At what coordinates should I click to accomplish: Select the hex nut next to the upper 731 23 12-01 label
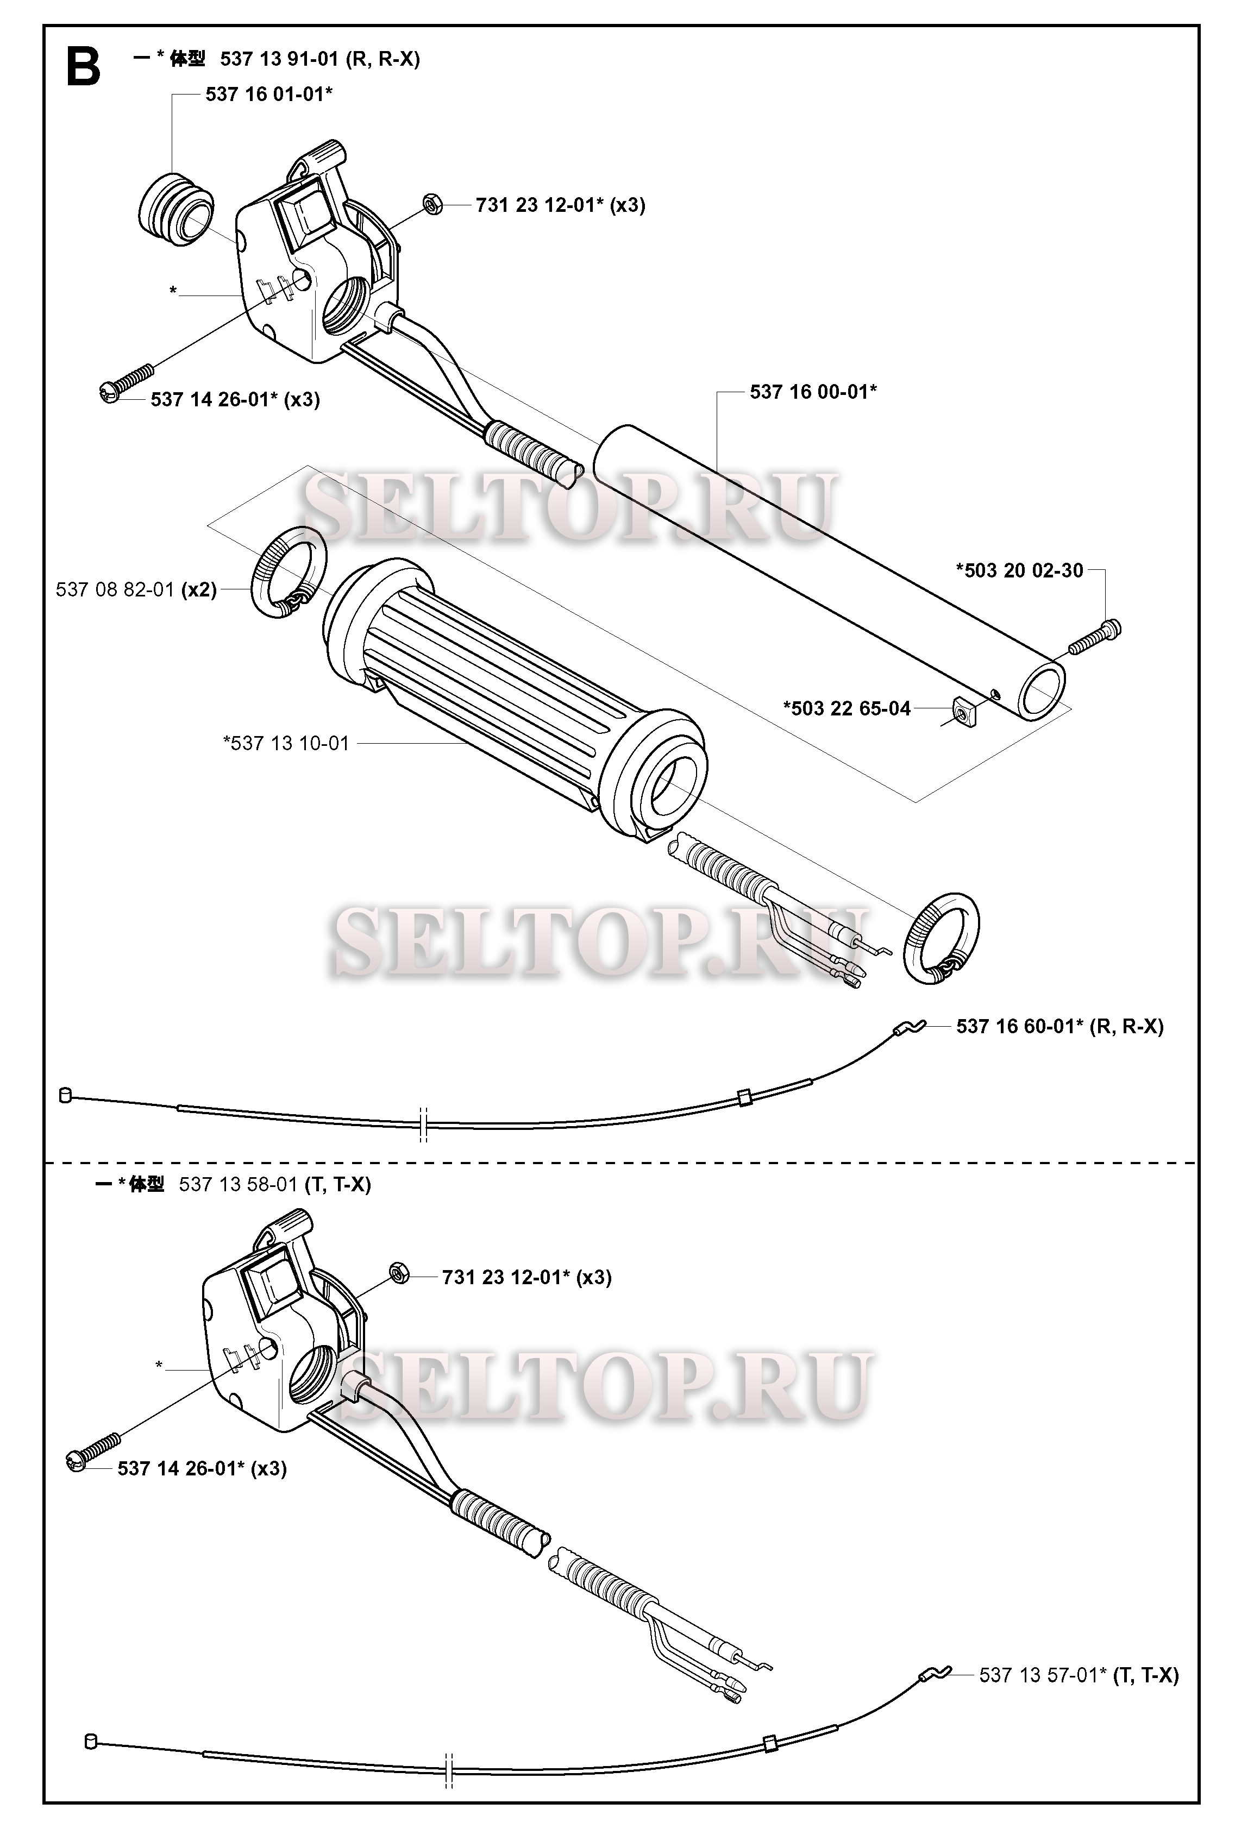432,203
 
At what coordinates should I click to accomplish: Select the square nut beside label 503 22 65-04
962,712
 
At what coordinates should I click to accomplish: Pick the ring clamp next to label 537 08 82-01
289,571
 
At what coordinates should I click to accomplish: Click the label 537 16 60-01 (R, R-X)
1060,1026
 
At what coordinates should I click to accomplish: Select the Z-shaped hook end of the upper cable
910,1027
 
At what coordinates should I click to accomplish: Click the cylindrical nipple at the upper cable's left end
65,1095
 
